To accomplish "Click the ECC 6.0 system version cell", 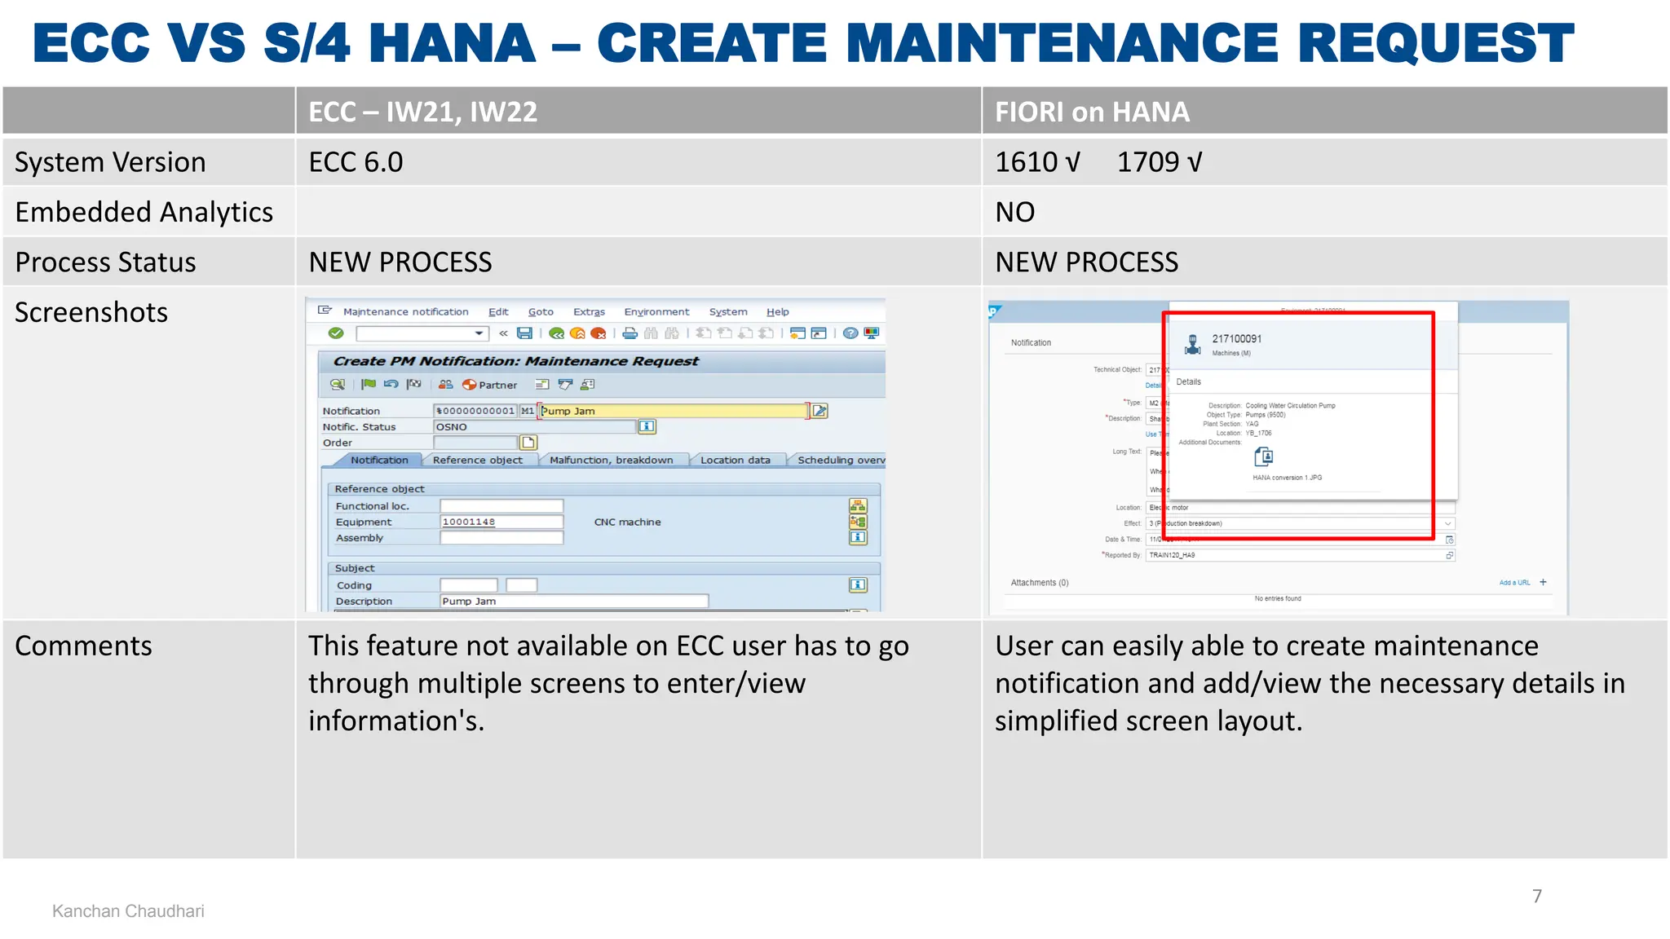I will [x=356, y=162].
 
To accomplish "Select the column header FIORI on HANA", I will [x=1091, y=112].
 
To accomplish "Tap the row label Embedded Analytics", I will [x=144, y=212].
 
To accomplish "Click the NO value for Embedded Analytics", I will [x=1014, y=212].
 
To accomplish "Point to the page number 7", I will [x=1536, y=896].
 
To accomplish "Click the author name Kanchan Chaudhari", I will [x=128, y=911].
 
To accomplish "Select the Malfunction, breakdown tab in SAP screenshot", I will [x=611, y=461].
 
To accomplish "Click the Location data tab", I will [x=735, y=461].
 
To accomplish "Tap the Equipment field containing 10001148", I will [x=501, y=522].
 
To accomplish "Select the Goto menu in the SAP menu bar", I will [x=540, y=312].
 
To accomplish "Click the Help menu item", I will [x=777, y=312].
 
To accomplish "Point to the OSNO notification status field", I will [x=533, y=427].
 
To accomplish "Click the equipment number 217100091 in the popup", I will [x=1236, y=339].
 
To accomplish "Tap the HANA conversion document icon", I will [x=1263, y=456].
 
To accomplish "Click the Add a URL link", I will [x=1514, y=583].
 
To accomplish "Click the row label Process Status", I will [x=105, y=262].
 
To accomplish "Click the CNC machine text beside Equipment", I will [x=627, y=522].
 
